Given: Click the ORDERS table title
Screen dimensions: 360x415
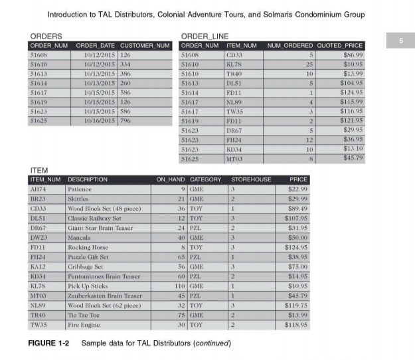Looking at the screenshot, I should [46, 36].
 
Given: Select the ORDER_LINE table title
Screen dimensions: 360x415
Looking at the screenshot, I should [203, 36].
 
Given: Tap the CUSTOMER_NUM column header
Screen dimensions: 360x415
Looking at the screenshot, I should [145, 45].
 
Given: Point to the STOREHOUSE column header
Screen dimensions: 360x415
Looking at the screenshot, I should [250, 179].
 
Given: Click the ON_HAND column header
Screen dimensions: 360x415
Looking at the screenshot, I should [169, 179].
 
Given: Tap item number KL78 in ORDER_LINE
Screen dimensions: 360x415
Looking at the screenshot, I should [234, 65].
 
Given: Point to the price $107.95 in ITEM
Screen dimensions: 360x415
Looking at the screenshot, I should [295, 217].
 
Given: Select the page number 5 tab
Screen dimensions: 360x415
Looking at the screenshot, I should [400, 41].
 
